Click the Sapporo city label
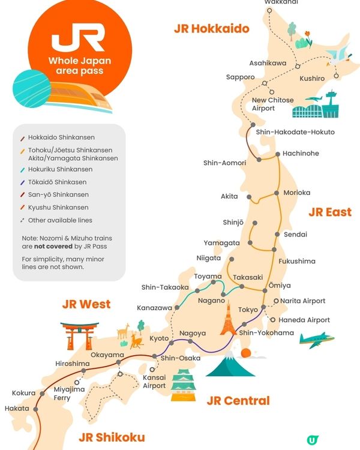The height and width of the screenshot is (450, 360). (x=240, y=77)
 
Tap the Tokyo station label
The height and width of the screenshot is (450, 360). (x=248, y=310)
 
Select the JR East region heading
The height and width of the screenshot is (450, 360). (x=329, y=212)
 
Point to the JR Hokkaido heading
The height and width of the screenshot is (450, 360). (x=211, y=28)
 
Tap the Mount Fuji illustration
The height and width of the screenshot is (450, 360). (x=230, y=364)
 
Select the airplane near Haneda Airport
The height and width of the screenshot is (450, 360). (x=316, y=340)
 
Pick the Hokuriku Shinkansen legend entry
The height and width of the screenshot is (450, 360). (x=61, y=169)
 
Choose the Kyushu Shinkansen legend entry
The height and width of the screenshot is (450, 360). (x=58, y=208)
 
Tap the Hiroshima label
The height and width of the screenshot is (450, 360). (x=72, y=364)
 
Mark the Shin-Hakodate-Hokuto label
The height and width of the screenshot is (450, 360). (x=295, y=132)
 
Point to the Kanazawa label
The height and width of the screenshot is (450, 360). (x=154, y=308)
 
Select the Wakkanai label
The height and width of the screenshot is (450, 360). (x=281, y=2)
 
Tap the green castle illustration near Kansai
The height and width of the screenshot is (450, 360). (x=184, y=385)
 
